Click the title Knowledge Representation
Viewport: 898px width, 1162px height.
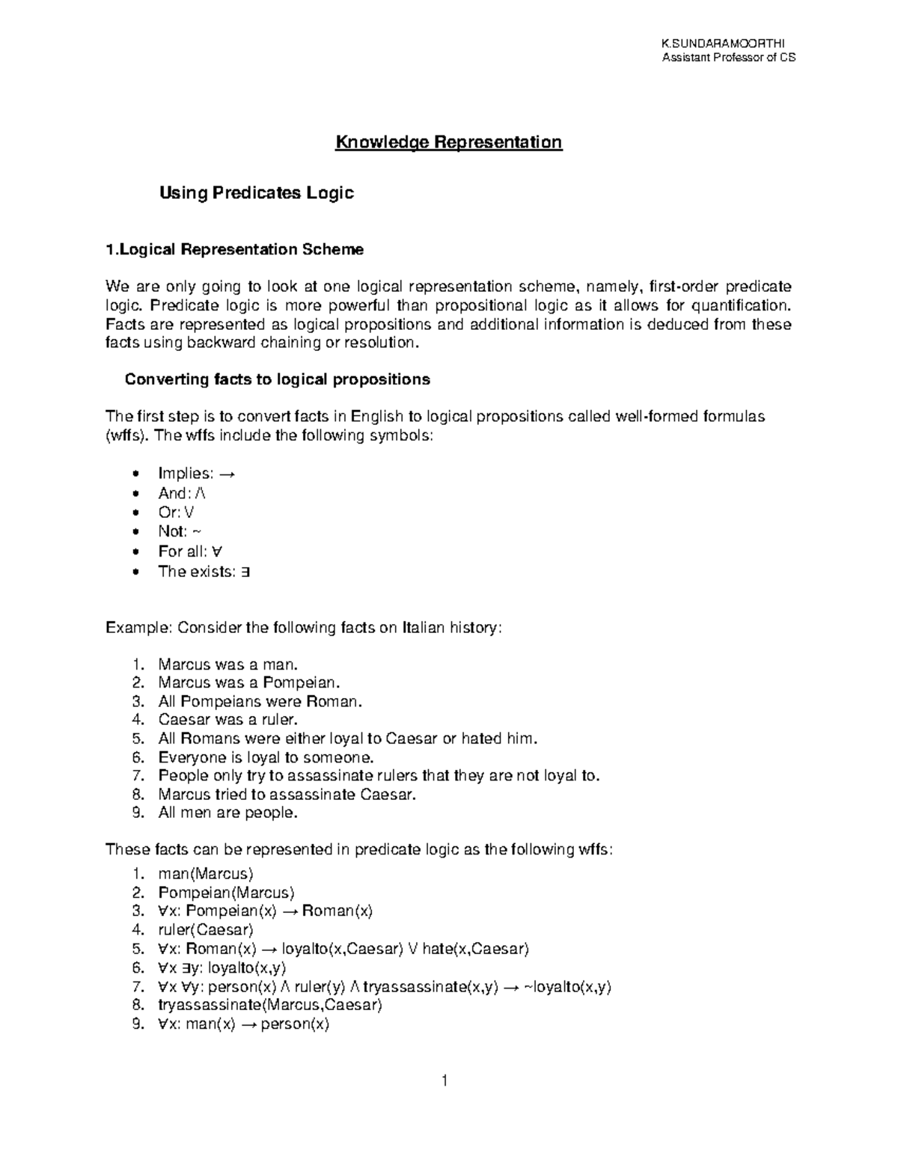448,142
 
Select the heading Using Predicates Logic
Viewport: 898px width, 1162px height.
256,193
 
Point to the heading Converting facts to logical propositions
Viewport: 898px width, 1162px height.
277,379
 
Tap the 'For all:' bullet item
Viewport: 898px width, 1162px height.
190,551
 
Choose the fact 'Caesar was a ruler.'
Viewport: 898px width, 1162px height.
228,720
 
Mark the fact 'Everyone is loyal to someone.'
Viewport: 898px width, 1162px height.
266,757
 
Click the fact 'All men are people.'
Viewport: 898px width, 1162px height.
228,813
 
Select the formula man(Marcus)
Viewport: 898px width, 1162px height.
206,874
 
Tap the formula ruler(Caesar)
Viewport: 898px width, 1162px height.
206,930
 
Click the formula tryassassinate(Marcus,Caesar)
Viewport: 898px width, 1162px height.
270,1005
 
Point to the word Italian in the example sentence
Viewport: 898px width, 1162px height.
424,627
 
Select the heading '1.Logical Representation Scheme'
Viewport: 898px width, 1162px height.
234,250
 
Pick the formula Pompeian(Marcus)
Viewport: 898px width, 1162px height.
226,893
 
